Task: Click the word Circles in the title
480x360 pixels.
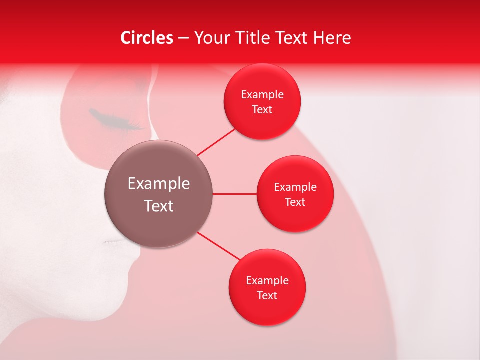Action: pos(147,38)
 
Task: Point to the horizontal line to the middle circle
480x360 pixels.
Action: pos(235,194)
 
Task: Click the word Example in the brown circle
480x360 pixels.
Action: pos(158,184)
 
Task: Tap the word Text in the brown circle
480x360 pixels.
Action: pos(158,206)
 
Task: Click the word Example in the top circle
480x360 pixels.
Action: pos(262,95)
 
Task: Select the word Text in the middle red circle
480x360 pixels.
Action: pos(295,202)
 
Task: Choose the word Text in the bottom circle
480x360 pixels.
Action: pos(267,295)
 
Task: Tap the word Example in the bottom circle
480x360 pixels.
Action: pos(267,280)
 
